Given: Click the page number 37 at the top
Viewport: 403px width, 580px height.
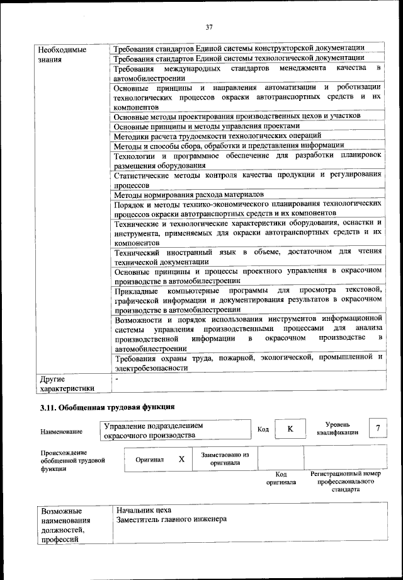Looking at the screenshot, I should tap(209, 26).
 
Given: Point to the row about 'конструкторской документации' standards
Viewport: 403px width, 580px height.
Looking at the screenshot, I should tap(238, 49).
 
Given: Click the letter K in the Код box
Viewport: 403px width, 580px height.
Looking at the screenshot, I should tap(290, 429).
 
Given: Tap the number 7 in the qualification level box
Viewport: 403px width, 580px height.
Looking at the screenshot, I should tap(378, 429).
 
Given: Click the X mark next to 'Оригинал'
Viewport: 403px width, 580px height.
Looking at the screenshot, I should tap(181, 460).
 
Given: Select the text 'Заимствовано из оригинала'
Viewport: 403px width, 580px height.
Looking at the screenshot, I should tap(225, 458).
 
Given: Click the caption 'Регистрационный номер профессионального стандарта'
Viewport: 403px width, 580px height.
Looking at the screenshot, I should tap(346, 480).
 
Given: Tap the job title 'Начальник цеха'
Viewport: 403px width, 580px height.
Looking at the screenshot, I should tap(144, 509).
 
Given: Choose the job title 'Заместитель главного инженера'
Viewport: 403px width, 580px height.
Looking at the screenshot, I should tap(171, 519).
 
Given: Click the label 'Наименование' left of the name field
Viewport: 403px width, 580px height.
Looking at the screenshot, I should tap(61, 432).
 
